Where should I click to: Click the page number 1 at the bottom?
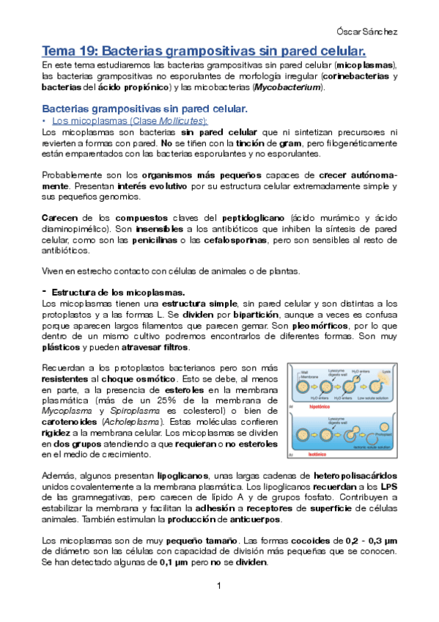(218, 587)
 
